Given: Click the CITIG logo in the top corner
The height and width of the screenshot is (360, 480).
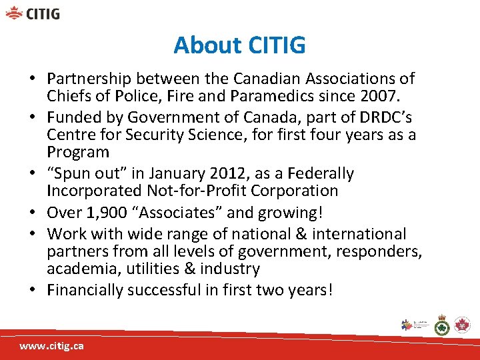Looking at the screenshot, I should (33, 13).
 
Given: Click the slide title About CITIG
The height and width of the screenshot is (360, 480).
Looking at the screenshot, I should (239, 45).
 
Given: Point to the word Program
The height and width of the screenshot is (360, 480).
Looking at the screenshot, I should (77, 152).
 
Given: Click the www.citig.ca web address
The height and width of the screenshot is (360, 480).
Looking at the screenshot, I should (51, 347).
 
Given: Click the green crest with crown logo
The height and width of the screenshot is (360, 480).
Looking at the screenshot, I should (441, 325).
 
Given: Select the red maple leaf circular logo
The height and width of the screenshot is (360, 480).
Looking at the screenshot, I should (461, 325).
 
